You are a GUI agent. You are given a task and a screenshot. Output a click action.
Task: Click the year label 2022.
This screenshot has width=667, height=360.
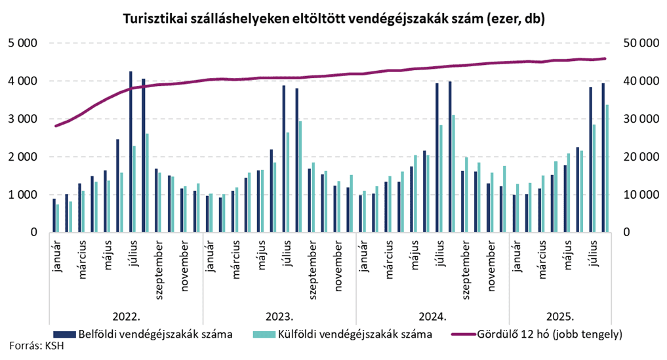coord(125,315)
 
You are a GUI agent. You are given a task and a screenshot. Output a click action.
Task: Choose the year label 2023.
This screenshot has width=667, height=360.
coord(279,315)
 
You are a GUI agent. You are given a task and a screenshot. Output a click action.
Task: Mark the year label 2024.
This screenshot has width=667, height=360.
coord(432,315)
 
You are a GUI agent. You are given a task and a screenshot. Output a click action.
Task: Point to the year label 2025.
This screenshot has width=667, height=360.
coord(561,315)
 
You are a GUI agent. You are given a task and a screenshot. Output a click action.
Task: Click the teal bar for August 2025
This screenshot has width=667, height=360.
coord(607,169)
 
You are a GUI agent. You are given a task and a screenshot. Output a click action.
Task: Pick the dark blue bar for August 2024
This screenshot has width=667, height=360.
coord(450,157)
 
